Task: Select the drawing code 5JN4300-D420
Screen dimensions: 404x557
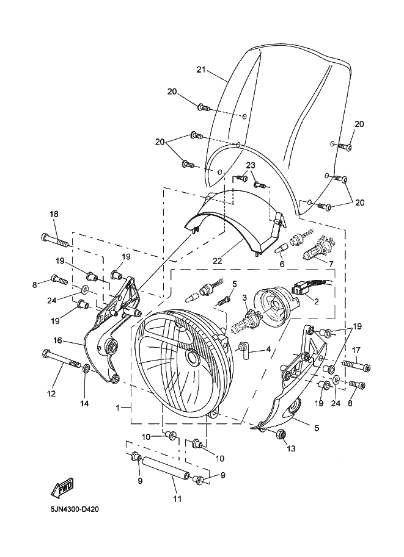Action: click(x=75, y=510)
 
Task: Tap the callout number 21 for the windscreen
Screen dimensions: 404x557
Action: click(x=202, y=70)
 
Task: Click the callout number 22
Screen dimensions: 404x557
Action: click(x=217, y=261)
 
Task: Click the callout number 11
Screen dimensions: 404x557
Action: click(x=177, y=499)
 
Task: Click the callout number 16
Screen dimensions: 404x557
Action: click(x=57, y=340)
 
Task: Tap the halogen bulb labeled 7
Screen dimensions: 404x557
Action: click(x=319, y=248)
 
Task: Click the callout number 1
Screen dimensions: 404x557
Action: click(x=118, y=408)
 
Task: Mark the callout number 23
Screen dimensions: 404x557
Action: click(x=251, y=165)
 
